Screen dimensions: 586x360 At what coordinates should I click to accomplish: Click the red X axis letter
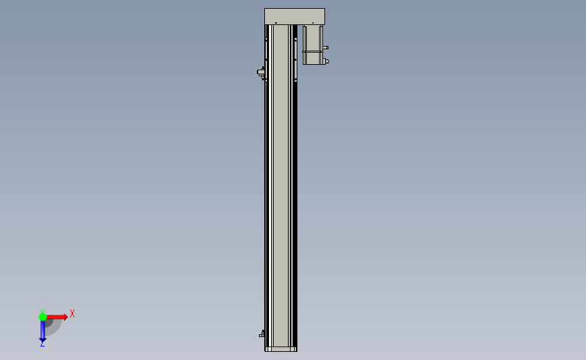[72, 313]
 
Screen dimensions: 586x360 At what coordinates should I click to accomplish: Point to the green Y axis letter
[43, 311]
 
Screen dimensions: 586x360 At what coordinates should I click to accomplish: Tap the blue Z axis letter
[42, 344]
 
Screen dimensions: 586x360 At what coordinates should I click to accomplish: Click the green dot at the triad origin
[43, 317]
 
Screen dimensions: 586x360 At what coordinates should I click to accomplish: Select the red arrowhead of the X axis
[66, 317]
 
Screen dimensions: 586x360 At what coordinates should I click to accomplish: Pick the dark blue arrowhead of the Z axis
[43, 340]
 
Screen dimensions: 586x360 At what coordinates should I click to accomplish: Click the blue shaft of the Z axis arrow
[43, 330]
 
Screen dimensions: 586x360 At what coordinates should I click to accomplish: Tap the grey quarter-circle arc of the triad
[57, 329]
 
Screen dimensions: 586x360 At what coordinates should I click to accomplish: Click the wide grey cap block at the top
[295, 16]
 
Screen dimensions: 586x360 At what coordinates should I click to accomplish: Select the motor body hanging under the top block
[313, 45]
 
